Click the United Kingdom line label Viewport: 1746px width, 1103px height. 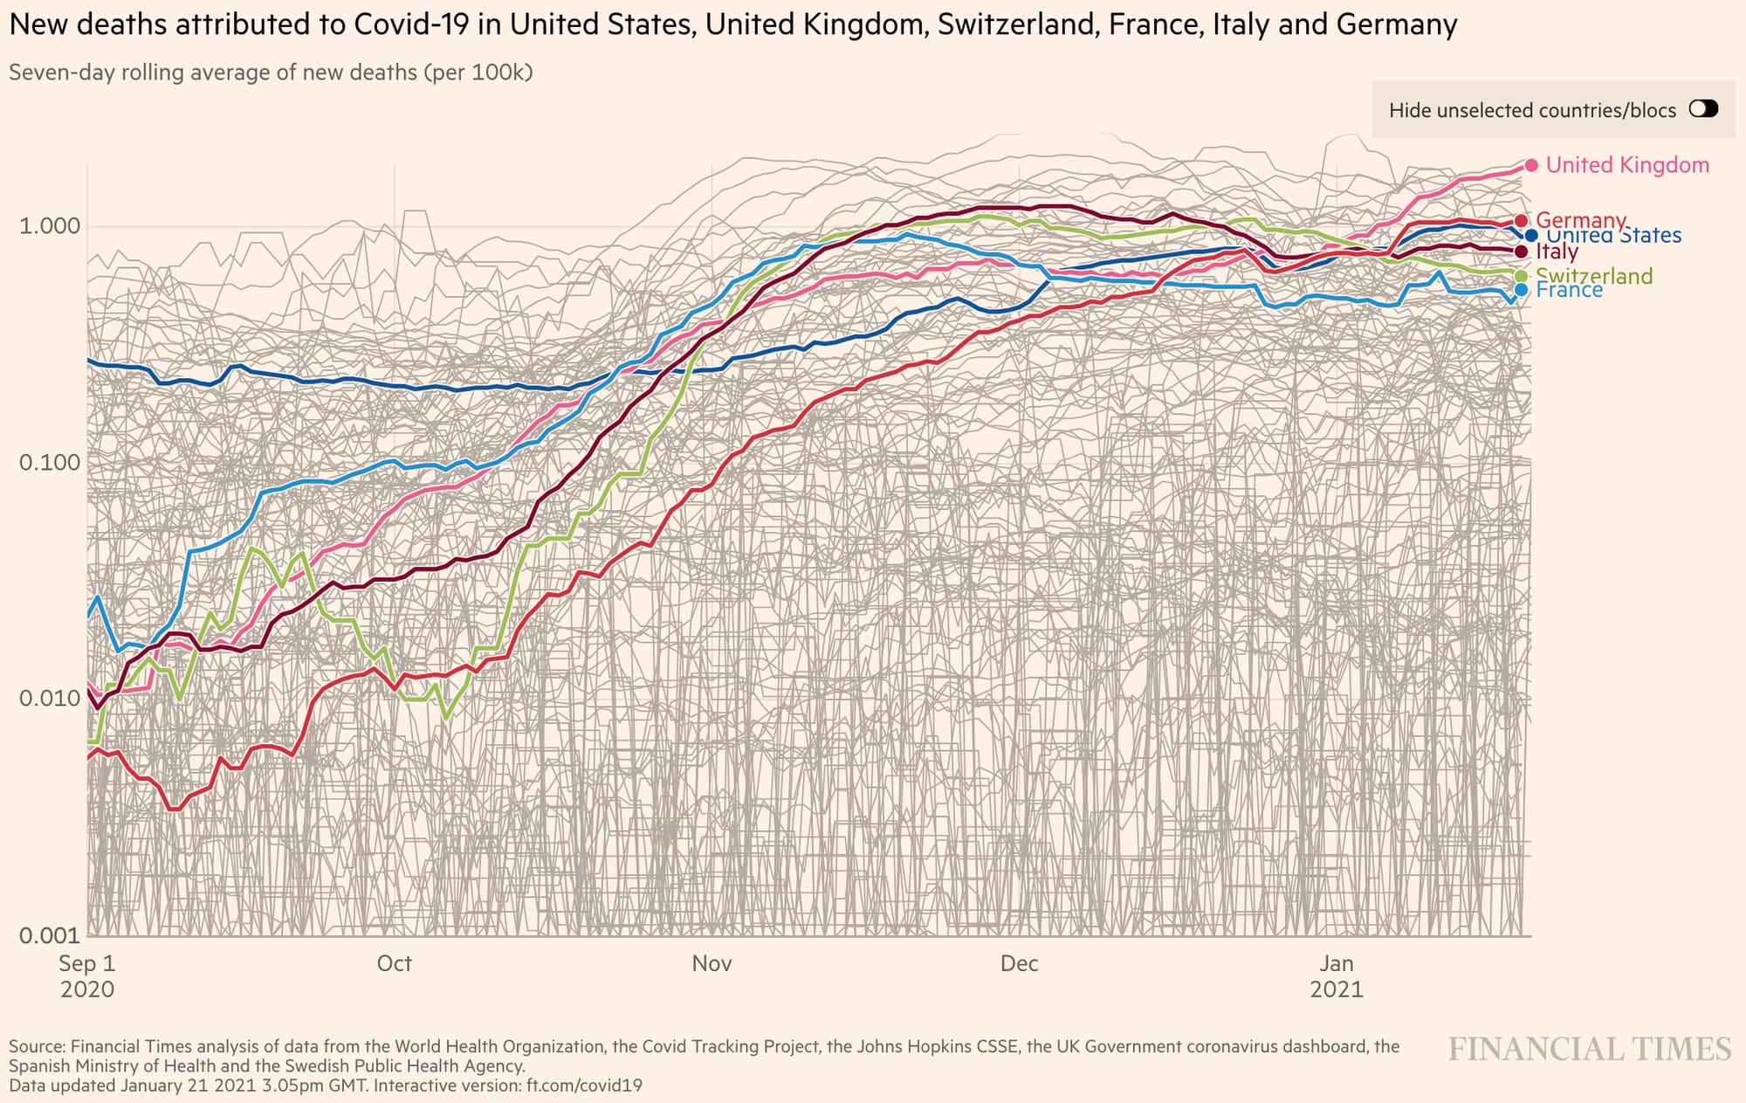(x=1627, y=165)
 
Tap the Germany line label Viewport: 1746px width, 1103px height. (x=1581, y=219)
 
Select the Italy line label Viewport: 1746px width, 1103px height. (x=1557, y=252)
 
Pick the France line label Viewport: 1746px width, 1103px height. (x=1570, y=291)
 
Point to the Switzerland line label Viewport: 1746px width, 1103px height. (x=1594, y=276)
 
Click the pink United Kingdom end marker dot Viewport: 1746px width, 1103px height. (x=1531, y=165)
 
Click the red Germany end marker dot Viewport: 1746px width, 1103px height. (x=1522, y=221)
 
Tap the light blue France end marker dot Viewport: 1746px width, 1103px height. (x=1522, y=290)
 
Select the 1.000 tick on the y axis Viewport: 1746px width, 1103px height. (x=49, y=226)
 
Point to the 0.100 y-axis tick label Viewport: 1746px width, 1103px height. (x=49, y=462)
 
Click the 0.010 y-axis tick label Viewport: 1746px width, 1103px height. (x=49, y=699)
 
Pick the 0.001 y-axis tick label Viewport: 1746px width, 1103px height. (x=49, y=935)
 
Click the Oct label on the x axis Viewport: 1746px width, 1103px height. (x=394, y=963)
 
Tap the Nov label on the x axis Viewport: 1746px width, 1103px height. (x=711, y=963)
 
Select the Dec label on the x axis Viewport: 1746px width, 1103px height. (x=1019, y=963)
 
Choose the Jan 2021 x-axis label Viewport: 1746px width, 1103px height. (x=1336, y=975)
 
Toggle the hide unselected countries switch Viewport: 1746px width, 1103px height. (x=1703, y=109)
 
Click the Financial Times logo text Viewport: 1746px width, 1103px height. (x=1589, y=1049)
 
